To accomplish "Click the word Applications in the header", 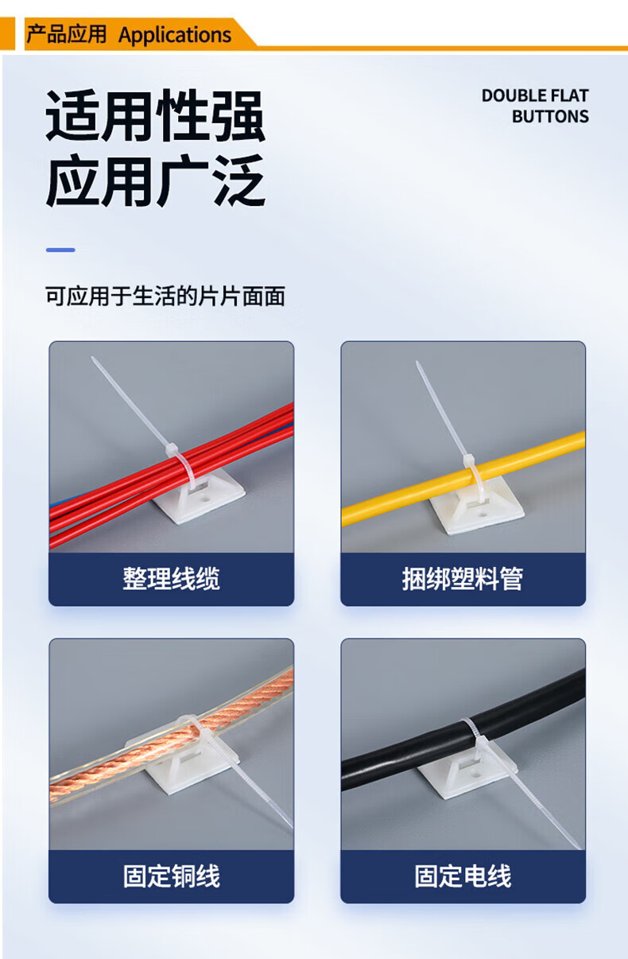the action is [175, 35].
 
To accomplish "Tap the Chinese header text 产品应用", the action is [66, 34].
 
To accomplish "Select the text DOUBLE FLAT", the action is [535, 95].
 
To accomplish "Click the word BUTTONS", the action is [551, 116].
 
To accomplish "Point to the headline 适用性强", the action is [155, 115].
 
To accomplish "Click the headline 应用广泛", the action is [155, 181].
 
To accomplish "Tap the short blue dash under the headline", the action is [60, 250].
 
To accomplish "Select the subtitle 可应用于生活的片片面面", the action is [165, 297].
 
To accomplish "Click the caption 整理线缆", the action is [171, 579].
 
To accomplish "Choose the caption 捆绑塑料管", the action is [463, 579].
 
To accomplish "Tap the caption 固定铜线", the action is [171, 876].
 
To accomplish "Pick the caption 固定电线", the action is [463, 876].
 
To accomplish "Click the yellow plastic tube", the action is [463, 478].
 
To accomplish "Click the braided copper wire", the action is [171, 735].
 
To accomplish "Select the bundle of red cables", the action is [171, 476].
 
